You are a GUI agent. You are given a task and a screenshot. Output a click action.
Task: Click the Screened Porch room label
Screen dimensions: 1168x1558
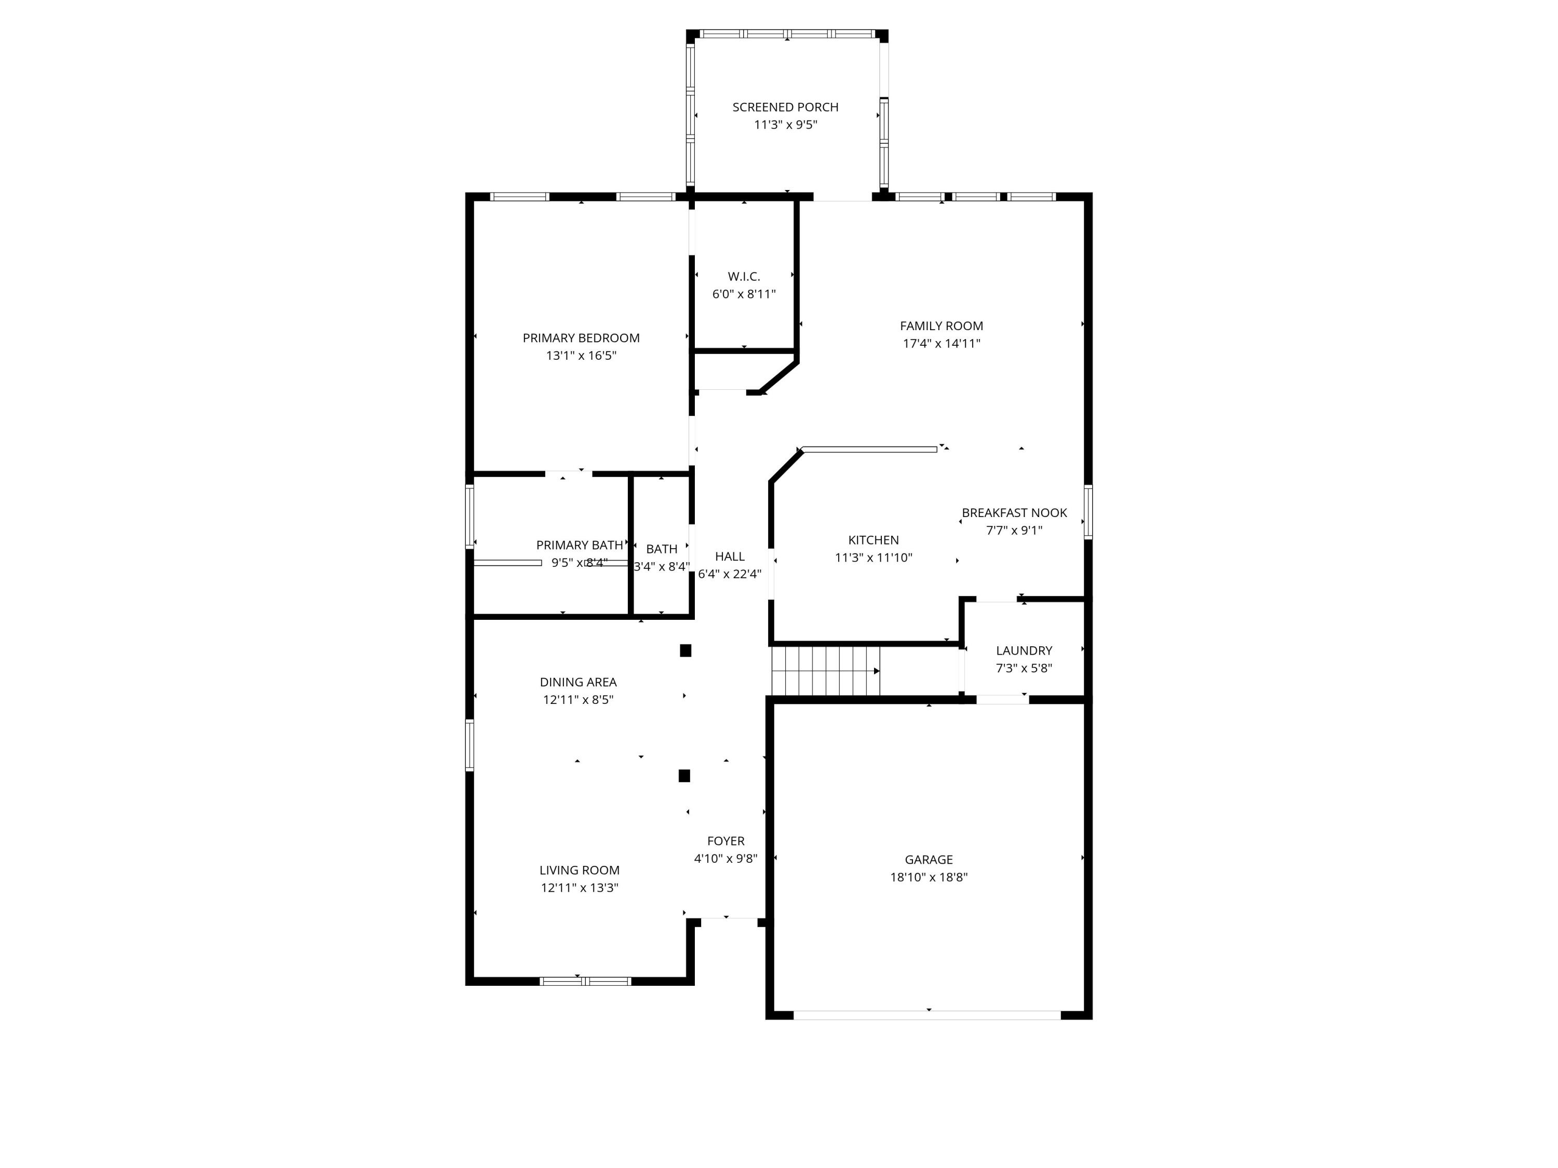point(785,107)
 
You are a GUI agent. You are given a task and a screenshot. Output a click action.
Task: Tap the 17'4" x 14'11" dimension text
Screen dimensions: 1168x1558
point(941,344)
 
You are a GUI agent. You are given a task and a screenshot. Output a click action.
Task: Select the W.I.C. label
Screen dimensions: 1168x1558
point(744,277)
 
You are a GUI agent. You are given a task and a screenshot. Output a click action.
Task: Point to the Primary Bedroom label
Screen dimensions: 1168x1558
point(581,338)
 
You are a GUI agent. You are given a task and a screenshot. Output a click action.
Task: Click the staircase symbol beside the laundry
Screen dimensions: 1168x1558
point(826,671)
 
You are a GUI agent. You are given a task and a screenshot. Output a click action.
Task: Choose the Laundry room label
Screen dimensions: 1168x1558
point(1024,650)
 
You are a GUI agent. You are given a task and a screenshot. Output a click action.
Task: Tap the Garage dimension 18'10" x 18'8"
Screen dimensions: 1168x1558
point(929,877)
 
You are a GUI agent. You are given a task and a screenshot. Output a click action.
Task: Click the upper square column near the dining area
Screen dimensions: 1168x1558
point(686,650)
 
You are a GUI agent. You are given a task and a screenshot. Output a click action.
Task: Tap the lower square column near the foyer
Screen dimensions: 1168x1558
point(684,776)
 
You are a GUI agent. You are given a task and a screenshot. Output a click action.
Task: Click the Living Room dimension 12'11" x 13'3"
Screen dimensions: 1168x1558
point(579,888)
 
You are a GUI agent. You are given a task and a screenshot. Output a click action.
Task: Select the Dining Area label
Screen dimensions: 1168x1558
point(577,682)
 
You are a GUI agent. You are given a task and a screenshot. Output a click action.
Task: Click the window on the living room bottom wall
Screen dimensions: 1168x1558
point(585,981)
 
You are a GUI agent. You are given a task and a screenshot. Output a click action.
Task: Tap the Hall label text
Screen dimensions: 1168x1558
point(729,556)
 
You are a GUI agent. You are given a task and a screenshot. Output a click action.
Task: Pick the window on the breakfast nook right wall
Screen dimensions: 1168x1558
point(1087,512)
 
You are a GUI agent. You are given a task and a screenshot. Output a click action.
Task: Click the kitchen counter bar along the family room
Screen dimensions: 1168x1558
point(869,449)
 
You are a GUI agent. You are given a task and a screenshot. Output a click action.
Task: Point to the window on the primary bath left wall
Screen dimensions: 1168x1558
point(470,516)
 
